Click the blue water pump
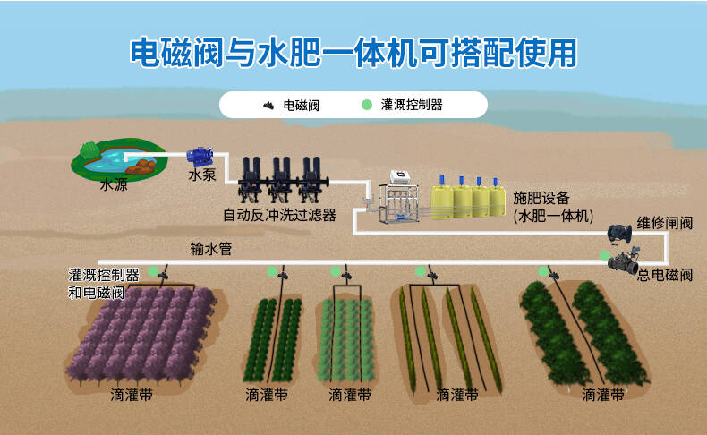pyautogui.click(x=200, y=157)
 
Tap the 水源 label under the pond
pyautogui.click(x=114, y=184)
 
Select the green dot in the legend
pyautogui.click(x=367, y=105)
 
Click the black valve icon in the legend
pyautogui.click(x=268, y=106)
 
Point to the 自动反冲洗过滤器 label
pyautogui.click(x=279, y=215)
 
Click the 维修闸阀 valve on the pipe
pyautogui.click(x=619, y=233)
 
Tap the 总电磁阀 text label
pyautogui.click(x=665, y=275)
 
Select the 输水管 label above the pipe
pyautogui.click(x=210, y=248)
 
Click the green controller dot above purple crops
pyautogui.click(x=153, y=271)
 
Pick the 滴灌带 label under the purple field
pyautogui.click(x=132, y=395)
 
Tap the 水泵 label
pyautogui.click(x=202, y=175)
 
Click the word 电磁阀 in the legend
pyautogui.click(x=302, y=106)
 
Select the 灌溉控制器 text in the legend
pyautogui.click(x=412, y=105)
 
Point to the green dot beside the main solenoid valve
pyautogui.click(x=605, y=256)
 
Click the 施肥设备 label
pyautogui.click(x=541, y=198)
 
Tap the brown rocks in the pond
pyautogui.click(x=141, y=166)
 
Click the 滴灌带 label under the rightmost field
pyautogui.click(x=603, y=395)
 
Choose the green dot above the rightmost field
pyautogui.click(x=543, y=271)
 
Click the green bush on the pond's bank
pyautogui.click(x=90, y=150)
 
